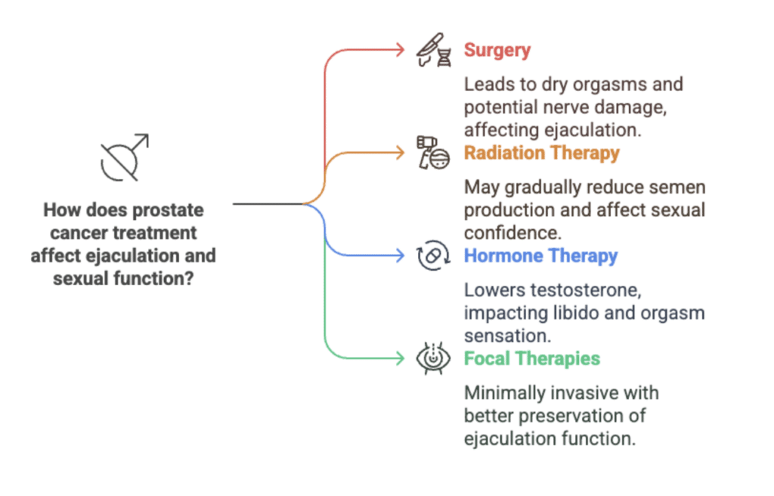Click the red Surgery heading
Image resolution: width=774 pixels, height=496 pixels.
(x=497, y=51)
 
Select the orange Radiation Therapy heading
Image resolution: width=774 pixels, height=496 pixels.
(x=541, y=153)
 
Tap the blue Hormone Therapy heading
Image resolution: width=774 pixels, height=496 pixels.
(x=540, y=256)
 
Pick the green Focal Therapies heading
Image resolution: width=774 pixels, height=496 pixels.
(x=531, y=358)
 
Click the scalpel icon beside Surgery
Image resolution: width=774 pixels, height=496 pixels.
(x=433, y=50)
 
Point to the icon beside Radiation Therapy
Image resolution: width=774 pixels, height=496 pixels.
(x=433, y=153)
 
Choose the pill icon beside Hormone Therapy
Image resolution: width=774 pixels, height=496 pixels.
(x=433, y=256)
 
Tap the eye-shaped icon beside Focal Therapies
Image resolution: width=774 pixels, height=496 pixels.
(x=433, y=358)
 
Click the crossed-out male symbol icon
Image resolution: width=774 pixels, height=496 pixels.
(x=125, y=157)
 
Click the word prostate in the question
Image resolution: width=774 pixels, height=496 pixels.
(x=168, y=211)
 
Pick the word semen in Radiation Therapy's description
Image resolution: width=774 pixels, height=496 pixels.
(x=677, y=188)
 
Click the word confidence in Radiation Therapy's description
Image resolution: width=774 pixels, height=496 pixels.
(x=512, y=233)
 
